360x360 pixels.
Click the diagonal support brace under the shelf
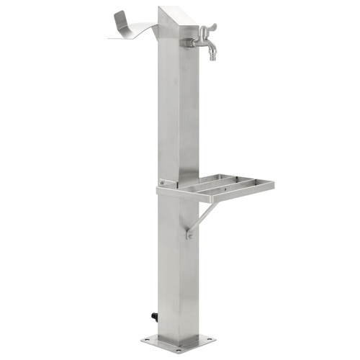tap(202, 215)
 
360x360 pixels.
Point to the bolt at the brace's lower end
tap(190, 234)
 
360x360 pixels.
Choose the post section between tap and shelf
tap(176, 115)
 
